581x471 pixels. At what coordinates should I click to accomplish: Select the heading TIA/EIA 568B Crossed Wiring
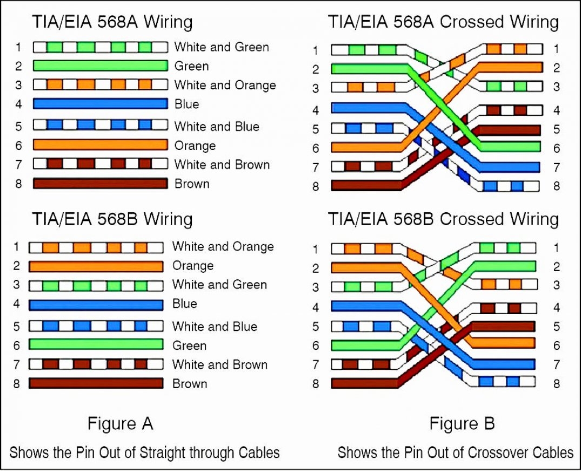443,219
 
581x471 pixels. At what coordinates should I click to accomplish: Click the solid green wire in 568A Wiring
100,66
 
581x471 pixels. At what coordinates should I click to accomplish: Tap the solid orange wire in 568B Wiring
96,266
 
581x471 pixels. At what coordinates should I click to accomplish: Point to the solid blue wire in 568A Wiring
100,104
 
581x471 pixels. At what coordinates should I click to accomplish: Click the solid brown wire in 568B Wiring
96,384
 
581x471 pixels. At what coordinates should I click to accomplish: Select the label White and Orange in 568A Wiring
225,85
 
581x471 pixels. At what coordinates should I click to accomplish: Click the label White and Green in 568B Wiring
219,285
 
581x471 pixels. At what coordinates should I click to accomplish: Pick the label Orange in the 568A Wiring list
195,146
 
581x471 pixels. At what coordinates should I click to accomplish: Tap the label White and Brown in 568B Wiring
220,365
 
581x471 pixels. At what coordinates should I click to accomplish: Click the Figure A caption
120,423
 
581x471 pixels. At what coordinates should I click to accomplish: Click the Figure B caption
462,423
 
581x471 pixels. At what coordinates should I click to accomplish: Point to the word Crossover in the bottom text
497,452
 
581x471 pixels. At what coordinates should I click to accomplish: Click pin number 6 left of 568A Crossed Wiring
316,148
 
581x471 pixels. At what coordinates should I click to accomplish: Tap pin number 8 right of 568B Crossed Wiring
556,384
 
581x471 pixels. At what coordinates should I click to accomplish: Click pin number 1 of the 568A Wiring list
18,47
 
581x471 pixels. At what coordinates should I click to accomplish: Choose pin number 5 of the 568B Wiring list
16,326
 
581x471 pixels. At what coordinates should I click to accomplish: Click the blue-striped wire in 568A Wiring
100,125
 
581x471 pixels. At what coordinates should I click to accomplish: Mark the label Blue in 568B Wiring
185,304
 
